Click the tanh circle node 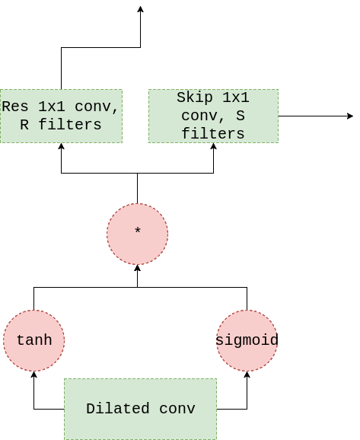[x=34, y=341]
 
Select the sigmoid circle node [x=247, y=341]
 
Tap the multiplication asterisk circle [x=138, y=234]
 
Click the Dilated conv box [x=140, y=409]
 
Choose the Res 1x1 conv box [x=61, y=116]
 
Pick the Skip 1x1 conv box [x=214, y=116]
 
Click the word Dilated [x=117, y=409]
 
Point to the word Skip [x=194, y=98]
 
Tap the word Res [x=15, y=107]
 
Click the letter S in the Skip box [x=241, y=116]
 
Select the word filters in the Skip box [x=213, y=133]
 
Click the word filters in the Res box [x=70, y=124]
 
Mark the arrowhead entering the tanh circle [x=34, y=375]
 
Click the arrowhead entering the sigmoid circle [x=247, y=375]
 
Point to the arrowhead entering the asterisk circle [x=138, y=268]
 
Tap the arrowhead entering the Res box [x=61, y=146]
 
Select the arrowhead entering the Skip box [x=214, y=146]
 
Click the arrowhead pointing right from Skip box [x=350, y=116]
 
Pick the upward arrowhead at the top [x=141, y=9]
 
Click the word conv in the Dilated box [x=177, y=409]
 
